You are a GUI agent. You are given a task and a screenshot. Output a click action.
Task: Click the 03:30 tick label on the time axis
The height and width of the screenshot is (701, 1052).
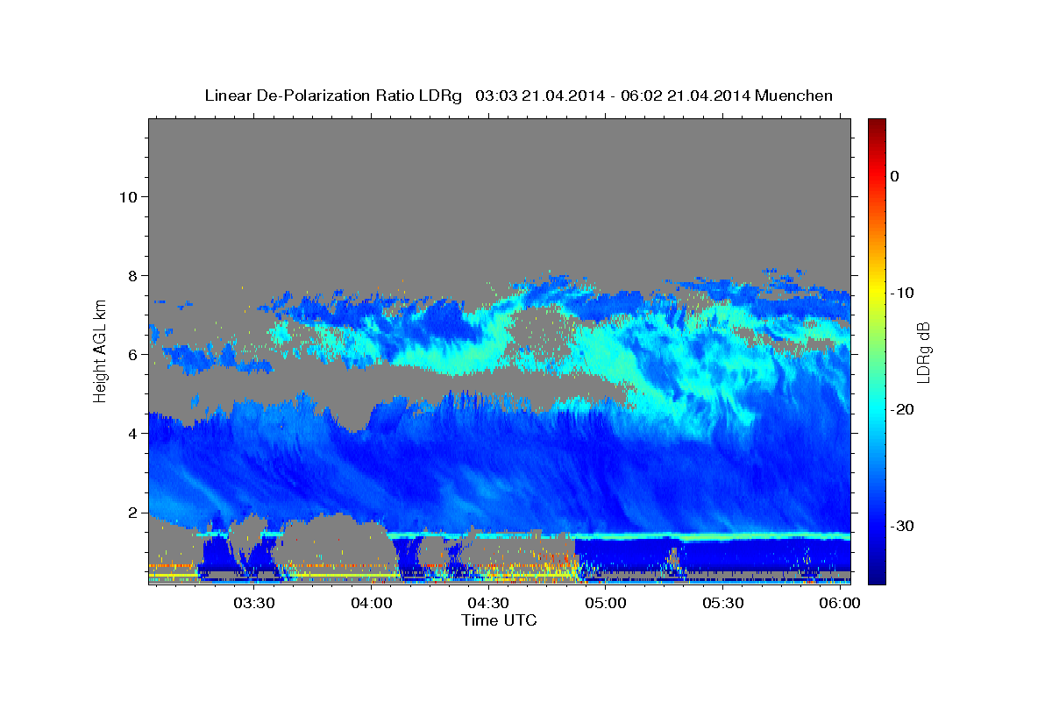pos(254,603)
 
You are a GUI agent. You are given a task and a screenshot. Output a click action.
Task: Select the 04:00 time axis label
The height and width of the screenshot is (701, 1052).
pos(372,603)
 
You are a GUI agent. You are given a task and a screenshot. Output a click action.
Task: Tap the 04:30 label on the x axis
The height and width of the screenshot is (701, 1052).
pos(488,603)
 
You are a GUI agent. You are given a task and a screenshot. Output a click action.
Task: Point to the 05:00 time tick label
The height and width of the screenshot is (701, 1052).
pos(606,603)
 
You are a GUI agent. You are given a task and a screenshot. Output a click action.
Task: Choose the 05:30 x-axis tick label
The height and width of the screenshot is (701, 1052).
pos(722,603)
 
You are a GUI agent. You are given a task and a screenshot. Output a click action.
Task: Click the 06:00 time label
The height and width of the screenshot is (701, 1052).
pos(840,603)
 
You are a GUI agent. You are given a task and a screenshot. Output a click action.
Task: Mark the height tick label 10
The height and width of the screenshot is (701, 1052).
pos(128,197)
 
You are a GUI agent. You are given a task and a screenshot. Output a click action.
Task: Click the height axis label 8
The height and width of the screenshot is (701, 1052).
pos(133,276)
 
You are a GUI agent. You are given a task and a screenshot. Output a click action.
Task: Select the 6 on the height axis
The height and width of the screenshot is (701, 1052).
pos(133,355)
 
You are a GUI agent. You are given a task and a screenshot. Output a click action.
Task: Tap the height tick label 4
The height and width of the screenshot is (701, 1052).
pos(133,434)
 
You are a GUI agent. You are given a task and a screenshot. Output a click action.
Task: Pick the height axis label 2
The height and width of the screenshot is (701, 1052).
pos(133,513)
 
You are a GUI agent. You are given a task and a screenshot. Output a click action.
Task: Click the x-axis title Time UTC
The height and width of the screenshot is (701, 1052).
pos(499,620)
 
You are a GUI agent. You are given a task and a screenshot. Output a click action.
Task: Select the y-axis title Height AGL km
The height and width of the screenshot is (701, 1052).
pos(100,351)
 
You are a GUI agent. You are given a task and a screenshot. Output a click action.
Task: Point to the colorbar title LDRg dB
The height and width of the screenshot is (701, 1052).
pos(923,352)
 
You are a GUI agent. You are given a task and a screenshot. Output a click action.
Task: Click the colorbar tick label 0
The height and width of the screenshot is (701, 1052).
pos(895,176)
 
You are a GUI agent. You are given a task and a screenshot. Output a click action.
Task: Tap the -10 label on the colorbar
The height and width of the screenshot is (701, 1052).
pos(902,293)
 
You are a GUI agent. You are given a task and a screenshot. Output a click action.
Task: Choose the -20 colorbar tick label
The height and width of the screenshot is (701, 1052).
pos(902,409)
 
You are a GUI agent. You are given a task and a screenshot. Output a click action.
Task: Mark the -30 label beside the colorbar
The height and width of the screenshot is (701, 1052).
pos(902,526)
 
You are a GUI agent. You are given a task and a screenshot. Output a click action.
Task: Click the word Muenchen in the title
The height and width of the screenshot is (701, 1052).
pos(793,96)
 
